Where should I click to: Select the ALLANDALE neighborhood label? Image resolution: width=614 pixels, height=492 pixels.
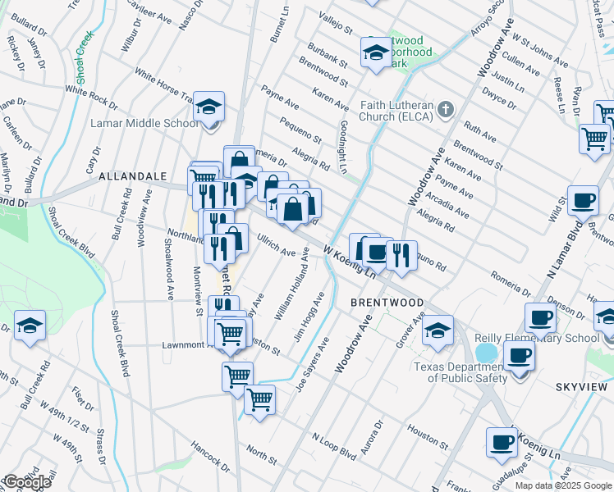[x=132, y=176]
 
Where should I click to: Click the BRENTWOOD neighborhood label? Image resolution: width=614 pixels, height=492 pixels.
[x=387, y=302]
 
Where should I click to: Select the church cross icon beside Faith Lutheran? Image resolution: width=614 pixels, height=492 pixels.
[x=446, y=109]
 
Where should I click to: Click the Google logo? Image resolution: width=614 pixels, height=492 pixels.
[x=26, y=482]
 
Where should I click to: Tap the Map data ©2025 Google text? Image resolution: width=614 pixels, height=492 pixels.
[x=563, y=485]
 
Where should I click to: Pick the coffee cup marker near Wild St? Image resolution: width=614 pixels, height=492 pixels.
[x=584, y=201]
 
